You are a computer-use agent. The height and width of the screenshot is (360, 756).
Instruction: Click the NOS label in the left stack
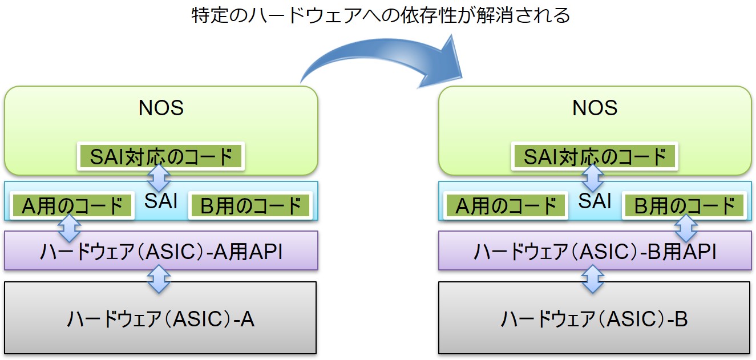[x=161, y=108]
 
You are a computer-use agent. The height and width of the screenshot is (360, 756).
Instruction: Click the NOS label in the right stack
[x=595, y=108]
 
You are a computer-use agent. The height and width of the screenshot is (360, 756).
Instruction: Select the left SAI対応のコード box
[x=161, y=156]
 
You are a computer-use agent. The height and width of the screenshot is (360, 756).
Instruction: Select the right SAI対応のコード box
[x=595, y=156]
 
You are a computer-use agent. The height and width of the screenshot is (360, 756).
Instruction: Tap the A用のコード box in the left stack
[x=72, y=205]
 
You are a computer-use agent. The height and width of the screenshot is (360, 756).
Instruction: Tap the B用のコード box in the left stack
[x=250, y=205]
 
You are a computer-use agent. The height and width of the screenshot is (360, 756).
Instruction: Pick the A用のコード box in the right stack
[x=506, y=205]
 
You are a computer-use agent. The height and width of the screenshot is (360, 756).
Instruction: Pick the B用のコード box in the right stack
[x=684, y=205]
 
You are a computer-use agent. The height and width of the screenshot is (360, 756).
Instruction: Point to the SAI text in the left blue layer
[x=161, y=201]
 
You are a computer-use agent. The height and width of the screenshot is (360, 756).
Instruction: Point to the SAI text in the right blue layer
[x=595, y=201]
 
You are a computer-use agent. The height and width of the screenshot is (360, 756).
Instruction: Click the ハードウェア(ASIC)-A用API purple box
[x=161, y=250]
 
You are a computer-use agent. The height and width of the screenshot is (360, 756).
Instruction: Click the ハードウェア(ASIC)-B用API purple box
[x=595, y=250]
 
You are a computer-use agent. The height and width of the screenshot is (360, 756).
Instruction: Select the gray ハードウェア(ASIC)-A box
[x=160, y=318]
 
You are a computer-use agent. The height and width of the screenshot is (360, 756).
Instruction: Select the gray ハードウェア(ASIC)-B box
[x=594, y=318]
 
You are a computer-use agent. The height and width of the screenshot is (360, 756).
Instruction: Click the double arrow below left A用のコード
[x=69, y=228]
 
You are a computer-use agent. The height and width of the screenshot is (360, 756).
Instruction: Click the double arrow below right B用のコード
[x=686, y=228]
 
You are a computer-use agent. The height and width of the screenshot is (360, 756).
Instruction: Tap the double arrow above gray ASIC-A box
[x=159, y=279]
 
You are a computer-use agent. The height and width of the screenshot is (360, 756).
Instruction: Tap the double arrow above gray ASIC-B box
[x=593, y=279]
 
